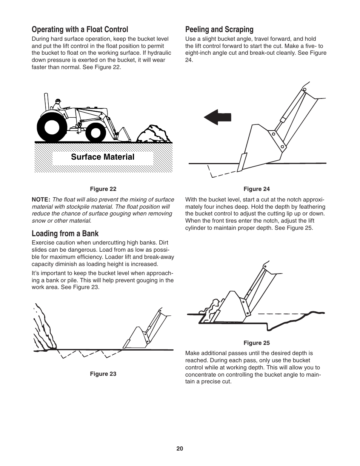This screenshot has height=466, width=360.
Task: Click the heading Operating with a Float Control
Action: coord(80,29)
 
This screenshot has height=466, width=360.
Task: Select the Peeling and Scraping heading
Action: coord(219,29)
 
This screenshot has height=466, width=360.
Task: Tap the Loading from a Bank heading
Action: coord(65,234)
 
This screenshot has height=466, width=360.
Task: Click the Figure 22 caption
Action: coord(103,189)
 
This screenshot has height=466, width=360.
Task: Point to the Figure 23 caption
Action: coord(103,374)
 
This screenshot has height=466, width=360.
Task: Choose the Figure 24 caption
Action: coord(257,189)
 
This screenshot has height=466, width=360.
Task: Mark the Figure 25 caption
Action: coord(257,343)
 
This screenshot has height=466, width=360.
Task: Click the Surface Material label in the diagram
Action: coord(103,157)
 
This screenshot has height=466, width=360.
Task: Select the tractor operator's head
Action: coord(58,101)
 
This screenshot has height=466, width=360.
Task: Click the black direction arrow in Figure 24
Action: coord(217,117)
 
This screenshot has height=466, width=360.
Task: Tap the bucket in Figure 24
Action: coord(260,147)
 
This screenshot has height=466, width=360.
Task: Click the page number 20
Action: coord(180,449)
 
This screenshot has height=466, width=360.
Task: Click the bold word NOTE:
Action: coord(41,200)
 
